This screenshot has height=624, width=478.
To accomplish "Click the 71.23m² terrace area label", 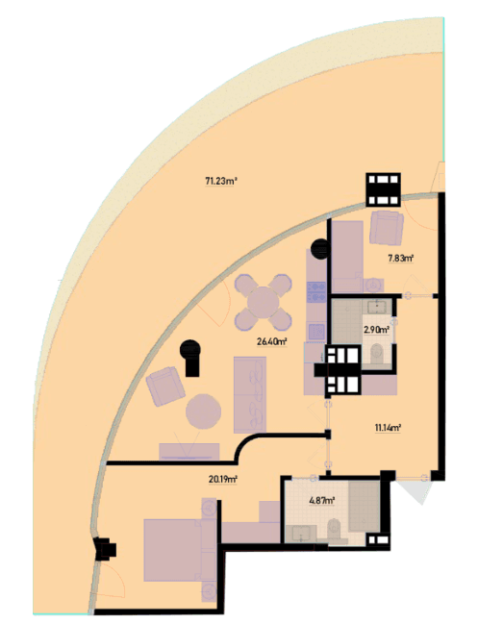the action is (x=221, y=182).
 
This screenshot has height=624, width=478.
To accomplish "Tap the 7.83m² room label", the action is (x=401, y=259).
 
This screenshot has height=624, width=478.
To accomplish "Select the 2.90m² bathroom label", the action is (x=376, y=330).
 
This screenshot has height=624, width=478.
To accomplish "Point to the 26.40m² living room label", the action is (x=272, y=341).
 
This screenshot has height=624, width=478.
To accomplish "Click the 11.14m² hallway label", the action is (x=388, y=428).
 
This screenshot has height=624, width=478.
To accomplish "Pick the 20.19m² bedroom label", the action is (x=223, y=480).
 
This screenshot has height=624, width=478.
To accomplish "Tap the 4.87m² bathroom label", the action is (x=322, y=501).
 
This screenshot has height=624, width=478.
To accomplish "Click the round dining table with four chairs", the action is (x=264, y=303).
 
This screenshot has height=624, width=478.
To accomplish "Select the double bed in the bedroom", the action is (x=173, y=550).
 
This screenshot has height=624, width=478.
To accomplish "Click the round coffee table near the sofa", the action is (x=203, y=412).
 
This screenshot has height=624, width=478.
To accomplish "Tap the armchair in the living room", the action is (x=165, y=386).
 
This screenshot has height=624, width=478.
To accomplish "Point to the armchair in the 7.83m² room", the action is (x=386, y=228).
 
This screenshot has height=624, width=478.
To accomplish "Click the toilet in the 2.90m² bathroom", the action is (x=376, y=354).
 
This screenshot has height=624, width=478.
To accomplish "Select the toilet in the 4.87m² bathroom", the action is (x=334, y=531).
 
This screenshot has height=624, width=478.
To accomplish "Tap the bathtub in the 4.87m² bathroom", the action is (x=365, y=506).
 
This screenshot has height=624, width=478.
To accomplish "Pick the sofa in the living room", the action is (x=250, y=394).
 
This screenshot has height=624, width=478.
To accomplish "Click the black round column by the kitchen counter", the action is (x=319, y=249).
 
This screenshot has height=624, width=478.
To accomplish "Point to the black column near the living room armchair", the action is (x=190, y=357).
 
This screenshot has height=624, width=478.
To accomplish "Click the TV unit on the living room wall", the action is (x=189, y=452).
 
